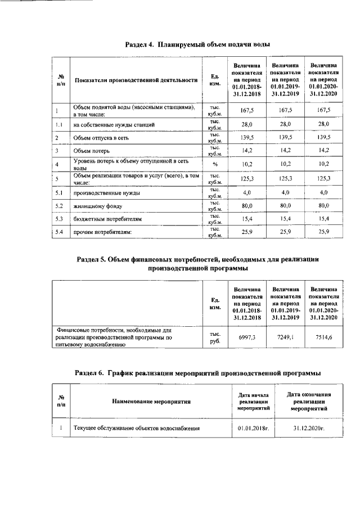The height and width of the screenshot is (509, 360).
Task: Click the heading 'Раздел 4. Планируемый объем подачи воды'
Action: click(x=197, y=44)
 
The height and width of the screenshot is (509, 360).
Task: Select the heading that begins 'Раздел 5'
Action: click(x=197, y=264)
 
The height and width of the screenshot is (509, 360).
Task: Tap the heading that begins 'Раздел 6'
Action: click(x=198, y=373)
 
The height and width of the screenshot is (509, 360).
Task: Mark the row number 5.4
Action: click(x=60, y=232)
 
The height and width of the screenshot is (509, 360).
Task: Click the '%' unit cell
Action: click(x=214, y=164)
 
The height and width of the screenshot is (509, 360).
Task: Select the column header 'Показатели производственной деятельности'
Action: click(x=136, y=80)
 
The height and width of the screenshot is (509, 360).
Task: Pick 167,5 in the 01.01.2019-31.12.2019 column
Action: click(x=286, y=110)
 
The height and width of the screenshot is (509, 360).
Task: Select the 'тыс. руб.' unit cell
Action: click(x=214, y=336)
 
